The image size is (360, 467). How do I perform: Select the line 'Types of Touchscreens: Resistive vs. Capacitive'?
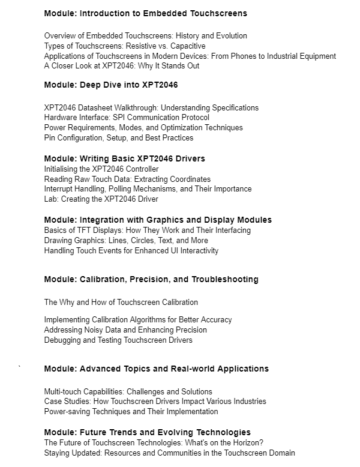[x=125, y=46]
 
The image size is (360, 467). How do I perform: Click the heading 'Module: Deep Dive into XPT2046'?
[x=111, y=85]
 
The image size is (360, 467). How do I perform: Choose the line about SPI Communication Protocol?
[x=127, y=118]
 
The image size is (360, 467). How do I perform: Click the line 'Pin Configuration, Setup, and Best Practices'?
[x=119, y=138]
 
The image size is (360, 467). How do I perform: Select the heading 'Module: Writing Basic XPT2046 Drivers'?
[x=125, y=158]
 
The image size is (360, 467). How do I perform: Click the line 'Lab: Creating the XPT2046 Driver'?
[x=101, y=199]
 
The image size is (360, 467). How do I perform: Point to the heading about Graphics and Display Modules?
[x=158, y=220]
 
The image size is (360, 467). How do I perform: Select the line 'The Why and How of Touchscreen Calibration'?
[x=121, y=302]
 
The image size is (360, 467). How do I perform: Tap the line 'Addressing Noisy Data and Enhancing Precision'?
[x=125, y=330]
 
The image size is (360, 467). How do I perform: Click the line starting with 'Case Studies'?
[x=155, y=401]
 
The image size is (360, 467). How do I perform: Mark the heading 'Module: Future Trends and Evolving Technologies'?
[x=148, y=432]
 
